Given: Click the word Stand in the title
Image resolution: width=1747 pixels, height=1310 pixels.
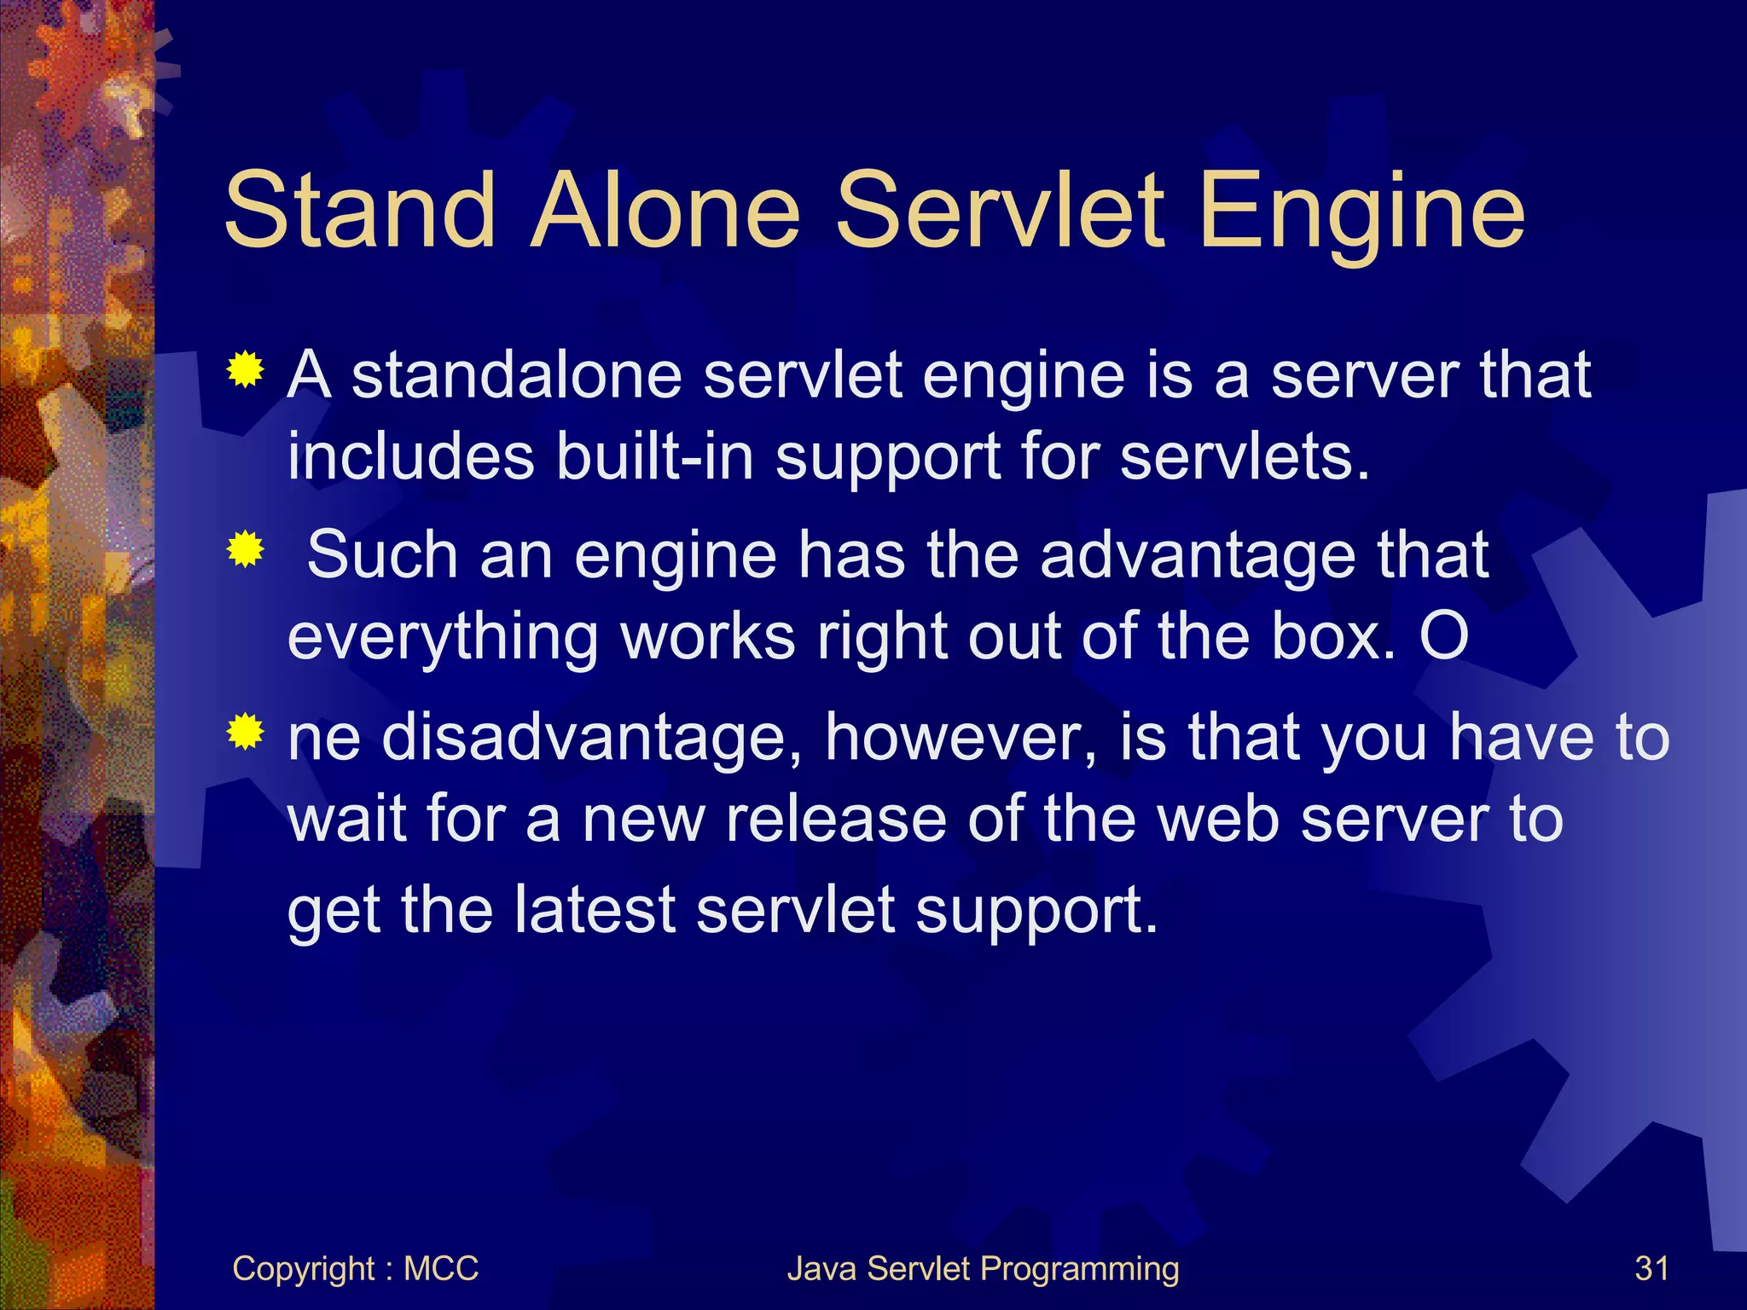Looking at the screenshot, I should click(359, 211).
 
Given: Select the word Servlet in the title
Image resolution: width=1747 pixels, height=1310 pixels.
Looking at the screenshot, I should click(999, 211).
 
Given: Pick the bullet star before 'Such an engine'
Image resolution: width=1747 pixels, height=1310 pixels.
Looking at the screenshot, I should click(245, 549).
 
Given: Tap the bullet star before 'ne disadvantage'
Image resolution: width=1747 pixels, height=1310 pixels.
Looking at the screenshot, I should click(245, 731).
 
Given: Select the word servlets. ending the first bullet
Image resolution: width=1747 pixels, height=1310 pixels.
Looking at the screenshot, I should click(1245, 456).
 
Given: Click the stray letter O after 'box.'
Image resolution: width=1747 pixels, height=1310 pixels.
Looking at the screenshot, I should click(1444, 636).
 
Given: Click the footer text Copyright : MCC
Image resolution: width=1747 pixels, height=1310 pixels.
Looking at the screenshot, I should click(355, 1268).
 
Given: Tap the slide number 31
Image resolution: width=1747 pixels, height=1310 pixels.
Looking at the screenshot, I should click(1651, 1268).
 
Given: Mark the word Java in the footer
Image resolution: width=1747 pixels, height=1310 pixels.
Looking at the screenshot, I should click(821, 1268).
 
